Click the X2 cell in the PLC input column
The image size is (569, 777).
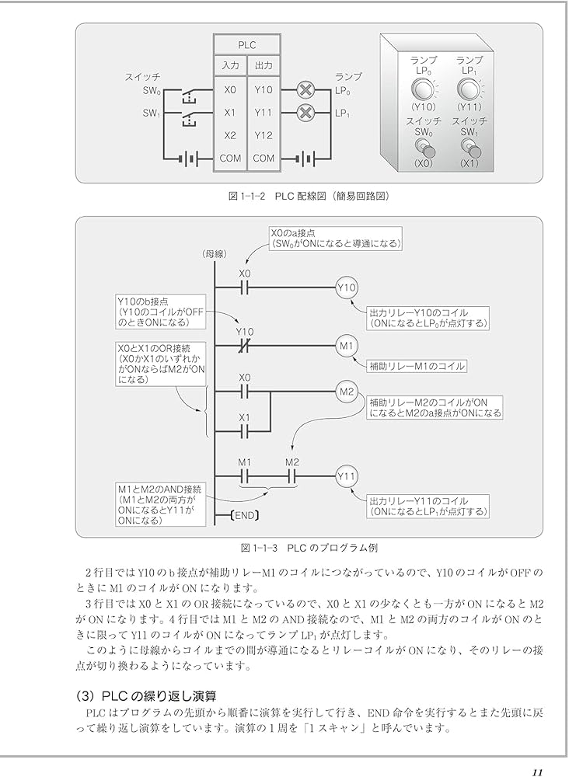229,135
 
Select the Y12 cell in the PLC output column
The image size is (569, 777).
264,135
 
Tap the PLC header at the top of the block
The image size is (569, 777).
246,45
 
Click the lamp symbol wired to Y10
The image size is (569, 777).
305,90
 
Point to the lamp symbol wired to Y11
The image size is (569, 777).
305,113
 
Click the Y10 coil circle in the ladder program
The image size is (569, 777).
347,287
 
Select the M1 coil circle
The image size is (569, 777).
347,345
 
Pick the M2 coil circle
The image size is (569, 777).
347,391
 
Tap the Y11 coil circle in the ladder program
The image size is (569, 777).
347,475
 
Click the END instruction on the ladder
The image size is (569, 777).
245,514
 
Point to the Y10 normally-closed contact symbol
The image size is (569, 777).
245,345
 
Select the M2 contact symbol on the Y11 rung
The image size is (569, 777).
291,475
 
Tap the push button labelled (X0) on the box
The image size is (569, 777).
424,147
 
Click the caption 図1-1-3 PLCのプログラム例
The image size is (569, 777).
309,547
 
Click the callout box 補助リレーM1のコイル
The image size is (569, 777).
417,364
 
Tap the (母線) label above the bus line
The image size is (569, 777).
213,253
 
